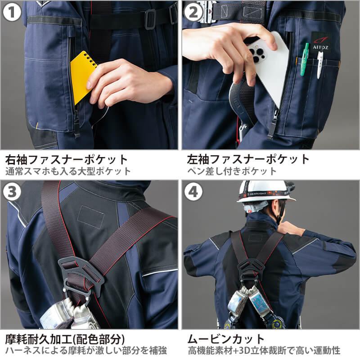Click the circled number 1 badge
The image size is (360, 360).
pos(12,12)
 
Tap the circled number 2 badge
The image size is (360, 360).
pos(193,12)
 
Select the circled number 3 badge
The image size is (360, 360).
pos(12,192)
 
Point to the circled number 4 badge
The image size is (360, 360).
pos(193,192)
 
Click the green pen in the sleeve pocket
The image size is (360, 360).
pos(305,59)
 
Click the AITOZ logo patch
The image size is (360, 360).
pos(320,43)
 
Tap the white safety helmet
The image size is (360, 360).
pos(264,192)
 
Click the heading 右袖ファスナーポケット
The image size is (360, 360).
pos(66,160)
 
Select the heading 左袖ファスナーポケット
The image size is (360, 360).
pos(248,160)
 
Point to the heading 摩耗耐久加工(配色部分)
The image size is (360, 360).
pos(65,339)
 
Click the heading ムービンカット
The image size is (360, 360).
pos(226,339)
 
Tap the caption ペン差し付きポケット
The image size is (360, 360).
pos(232,171)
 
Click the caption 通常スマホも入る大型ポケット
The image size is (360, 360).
pos(68,171)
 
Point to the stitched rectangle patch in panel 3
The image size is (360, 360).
pos(91,217)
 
